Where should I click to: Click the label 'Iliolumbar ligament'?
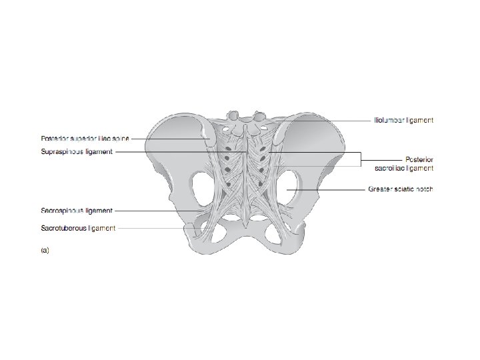403,121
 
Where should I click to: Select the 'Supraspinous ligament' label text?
77,152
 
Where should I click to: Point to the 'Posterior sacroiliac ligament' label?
404,164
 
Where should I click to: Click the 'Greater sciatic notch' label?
400,189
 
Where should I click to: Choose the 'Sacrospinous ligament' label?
77,211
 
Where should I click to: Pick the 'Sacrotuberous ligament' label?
78,228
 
